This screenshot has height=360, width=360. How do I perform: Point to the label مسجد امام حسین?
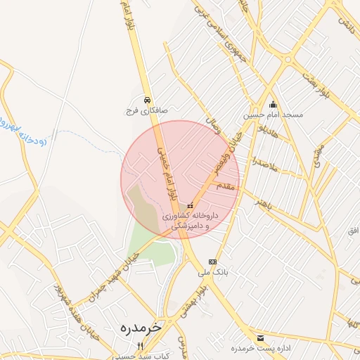click(x=274, y=115)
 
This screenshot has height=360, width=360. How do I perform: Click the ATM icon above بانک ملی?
click(x=213, y=261)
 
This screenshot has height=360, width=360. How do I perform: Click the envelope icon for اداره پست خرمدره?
click(x=261, y=338)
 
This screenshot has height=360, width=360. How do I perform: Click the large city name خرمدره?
click(x=141, y=328)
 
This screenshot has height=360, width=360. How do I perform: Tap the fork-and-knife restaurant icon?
click(x=141, y=346)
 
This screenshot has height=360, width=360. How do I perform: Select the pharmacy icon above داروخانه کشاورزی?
click(x=189, y=205)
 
